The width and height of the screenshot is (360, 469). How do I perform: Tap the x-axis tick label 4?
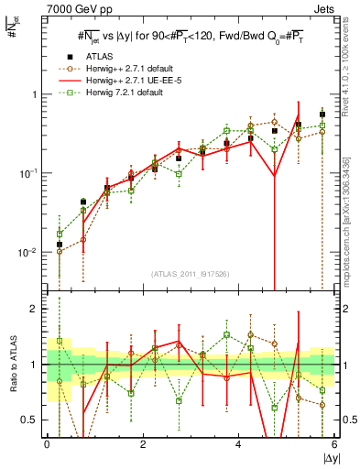238,446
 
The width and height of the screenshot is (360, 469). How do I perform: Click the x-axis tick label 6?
333,446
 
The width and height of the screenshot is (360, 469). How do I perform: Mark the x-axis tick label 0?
47,446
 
